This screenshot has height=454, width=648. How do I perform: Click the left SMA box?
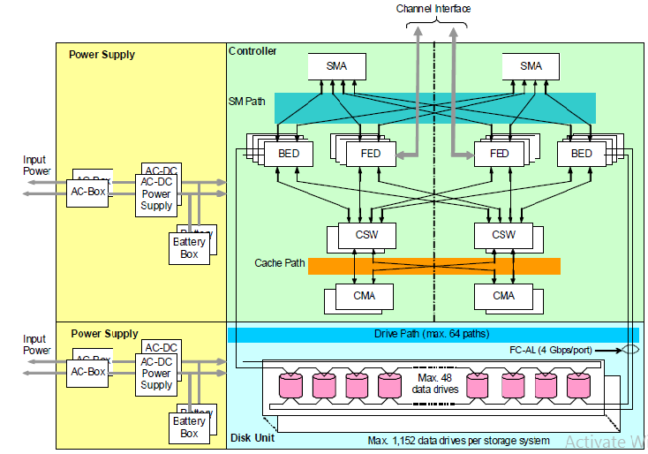336,66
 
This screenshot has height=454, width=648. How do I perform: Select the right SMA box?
531,66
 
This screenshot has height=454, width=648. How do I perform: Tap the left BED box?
289,153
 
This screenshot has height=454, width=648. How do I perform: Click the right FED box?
499,153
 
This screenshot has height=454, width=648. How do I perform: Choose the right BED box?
581,153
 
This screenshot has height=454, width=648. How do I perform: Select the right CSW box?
503,235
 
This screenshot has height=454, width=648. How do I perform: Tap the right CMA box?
503,295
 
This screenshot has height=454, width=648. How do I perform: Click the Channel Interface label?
433,9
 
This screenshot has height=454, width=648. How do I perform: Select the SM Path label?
246,102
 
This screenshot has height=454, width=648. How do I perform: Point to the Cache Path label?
279,263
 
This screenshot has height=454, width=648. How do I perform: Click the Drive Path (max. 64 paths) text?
433,334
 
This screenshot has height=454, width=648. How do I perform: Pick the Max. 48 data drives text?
433,383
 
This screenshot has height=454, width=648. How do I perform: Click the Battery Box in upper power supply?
189,247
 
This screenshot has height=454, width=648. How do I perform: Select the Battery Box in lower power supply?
189,427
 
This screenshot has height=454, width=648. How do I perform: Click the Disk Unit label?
252,438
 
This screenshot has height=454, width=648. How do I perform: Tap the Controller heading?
252,51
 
